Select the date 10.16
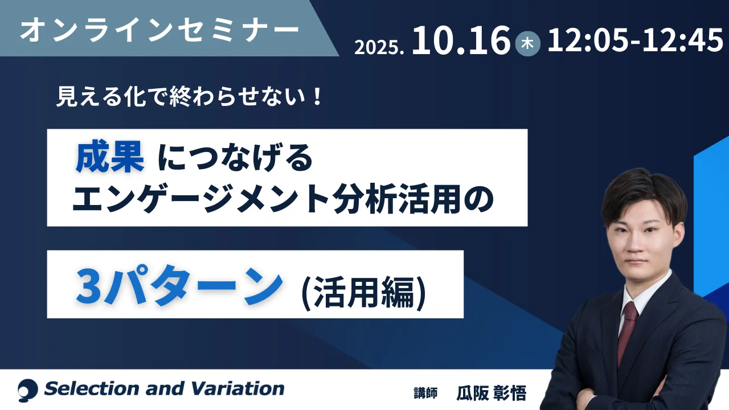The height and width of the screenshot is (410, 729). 461,40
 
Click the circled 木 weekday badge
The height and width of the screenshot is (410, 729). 527,44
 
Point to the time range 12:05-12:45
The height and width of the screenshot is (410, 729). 635,40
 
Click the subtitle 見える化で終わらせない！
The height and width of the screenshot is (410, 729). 190,97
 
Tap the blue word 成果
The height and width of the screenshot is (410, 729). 110,157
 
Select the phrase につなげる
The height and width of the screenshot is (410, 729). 235,158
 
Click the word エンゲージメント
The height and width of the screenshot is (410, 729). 200,198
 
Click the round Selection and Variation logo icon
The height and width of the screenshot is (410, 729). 28,390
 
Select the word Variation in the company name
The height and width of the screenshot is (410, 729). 237,389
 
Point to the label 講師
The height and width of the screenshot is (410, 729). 425,393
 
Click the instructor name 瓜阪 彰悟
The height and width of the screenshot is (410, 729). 492,393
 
